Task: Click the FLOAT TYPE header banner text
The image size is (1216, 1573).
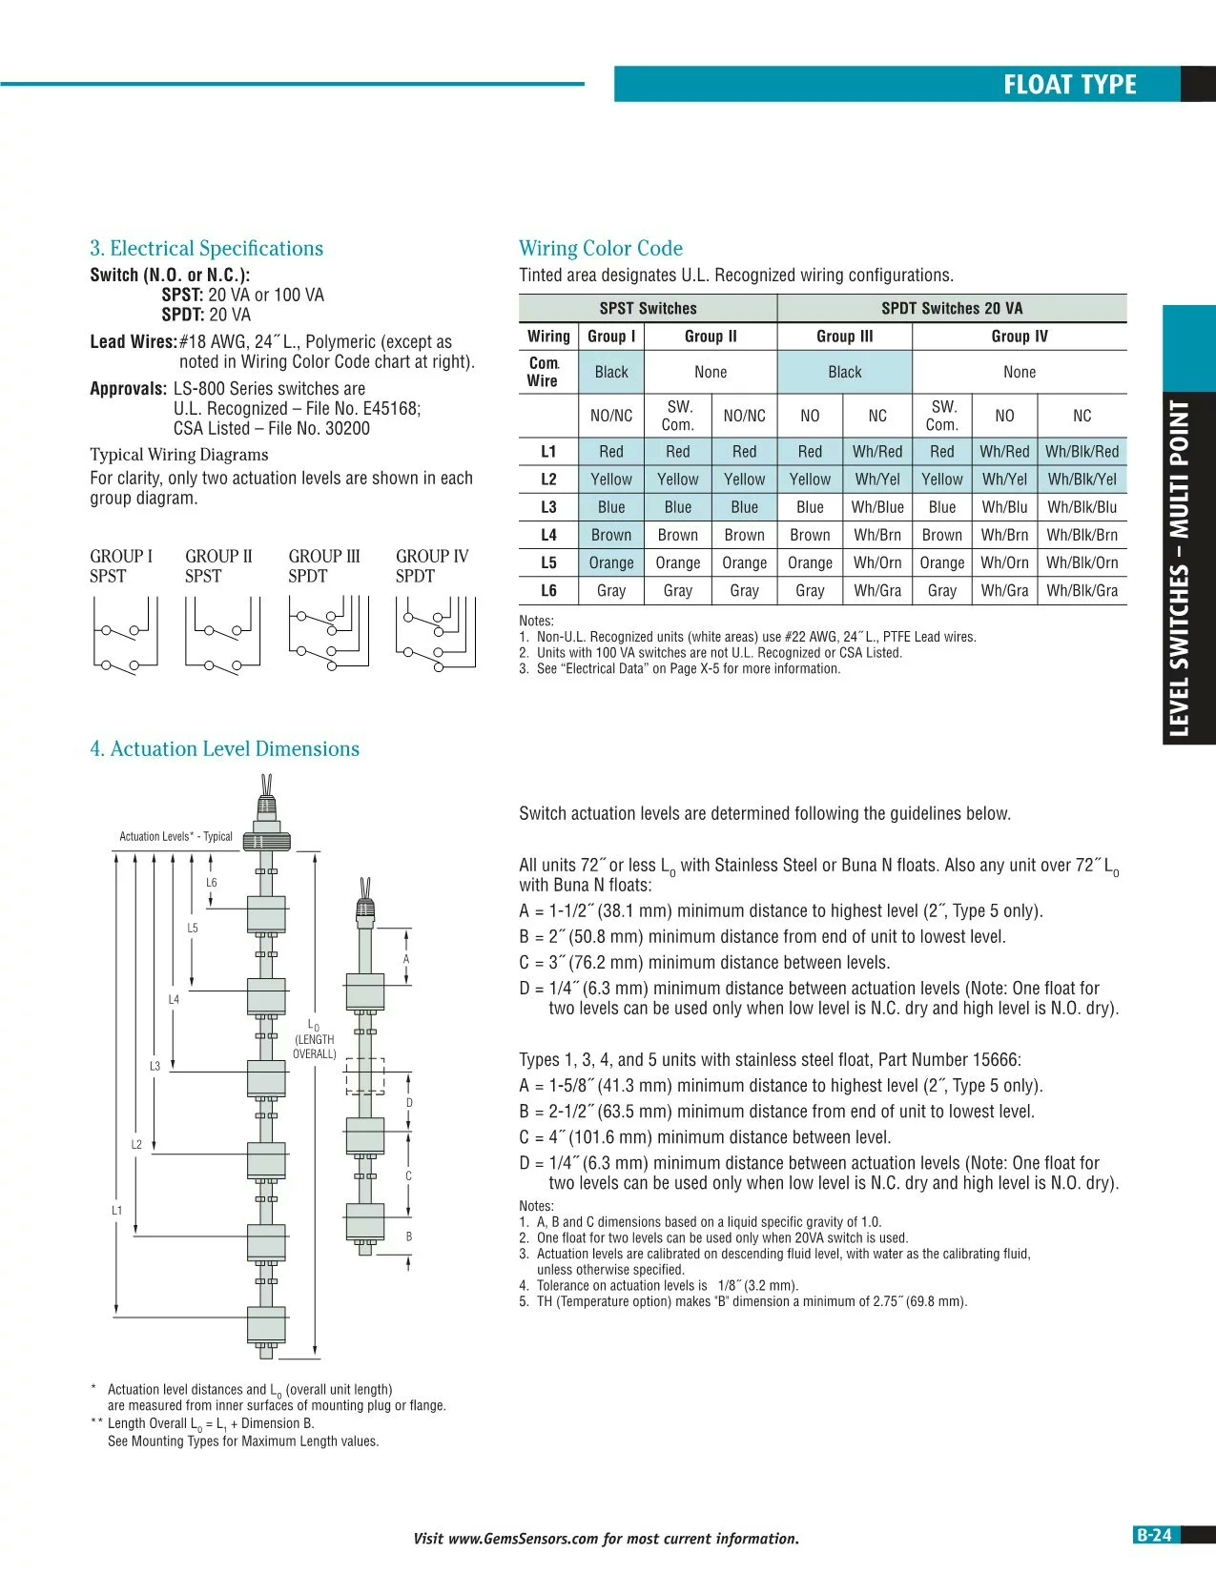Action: [1069, 85]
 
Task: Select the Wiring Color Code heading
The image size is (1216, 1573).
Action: [601, 248]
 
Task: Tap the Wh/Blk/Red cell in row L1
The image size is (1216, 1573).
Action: [1082, 452]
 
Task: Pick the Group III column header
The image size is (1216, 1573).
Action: [844, 337]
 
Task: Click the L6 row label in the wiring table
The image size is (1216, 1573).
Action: [548, 591]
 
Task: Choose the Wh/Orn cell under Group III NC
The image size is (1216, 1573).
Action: [877, 563]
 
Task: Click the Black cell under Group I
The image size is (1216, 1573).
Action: [610, 372]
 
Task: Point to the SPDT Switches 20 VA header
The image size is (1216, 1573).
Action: [952, 308]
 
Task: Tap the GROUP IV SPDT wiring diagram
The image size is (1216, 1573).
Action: [435, 634]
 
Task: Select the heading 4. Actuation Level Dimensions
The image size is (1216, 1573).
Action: [224, 748]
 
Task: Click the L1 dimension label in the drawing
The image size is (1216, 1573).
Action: [116, 1211]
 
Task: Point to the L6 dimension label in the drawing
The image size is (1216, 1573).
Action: [212, 883]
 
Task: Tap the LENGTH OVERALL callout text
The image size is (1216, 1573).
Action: [315, 1047]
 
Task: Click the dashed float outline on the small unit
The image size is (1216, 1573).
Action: [365, 1075]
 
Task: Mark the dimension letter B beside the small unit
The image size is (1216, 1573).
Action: [409, 1236]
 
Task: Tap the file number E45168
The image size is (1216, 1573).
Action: [390, 408]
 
